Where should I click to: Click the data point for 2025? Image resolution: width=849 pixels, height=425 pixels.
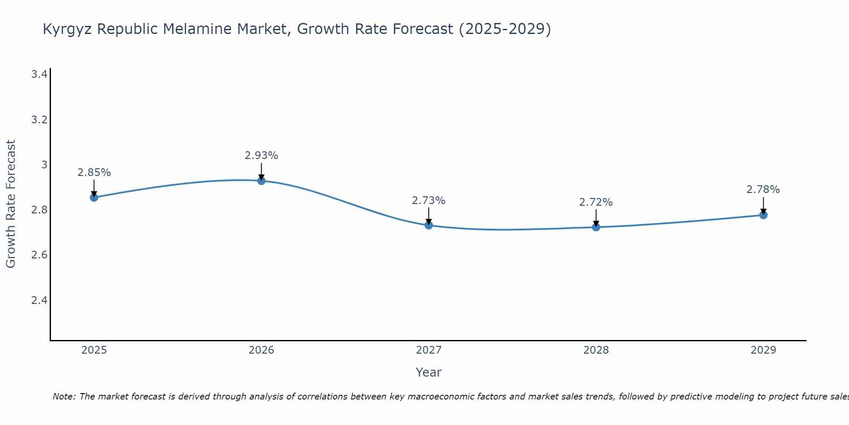coord(94,197)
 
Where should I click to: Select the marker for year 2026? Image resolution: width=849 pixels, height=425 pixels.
coord(261,181)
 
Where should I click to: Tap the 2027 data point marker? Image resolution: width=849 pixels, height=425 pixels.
coord(429,225)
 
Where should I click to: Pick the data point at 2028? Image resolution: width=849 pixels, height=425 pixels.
coord(596,227)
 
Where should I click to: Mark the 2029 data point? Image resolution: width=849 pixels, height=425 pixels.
coord(763,215)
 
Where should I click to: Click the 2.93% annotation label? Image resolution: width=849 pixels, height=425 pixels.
coord(261,156)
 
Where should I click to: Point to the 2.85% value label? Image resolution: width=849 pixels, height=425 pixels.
coord(94,173)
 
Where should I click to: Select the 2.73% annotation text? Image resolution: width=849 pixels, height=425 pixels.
coord(429,201)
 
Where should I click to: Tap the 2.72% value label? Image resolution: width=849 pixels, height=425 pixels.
coord(596,202)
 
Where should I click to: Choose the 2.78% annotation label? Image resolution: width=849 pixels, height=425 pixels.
coord(763,190)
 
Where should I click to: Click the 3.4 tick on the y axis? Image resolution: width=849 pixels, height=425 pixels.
coord(39,74)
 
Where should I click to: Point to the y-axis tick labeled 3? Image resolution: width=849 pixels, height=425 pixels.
coord(44,164)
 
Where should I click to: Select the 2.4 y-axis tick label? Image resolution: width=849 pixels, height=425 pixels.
coord(39,300)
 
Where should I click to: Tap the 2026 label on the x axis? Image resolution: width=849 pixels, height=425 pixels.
coord(261,350)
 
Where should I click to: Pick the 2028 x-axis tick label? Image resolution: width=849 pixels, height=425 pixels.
coord(596,350)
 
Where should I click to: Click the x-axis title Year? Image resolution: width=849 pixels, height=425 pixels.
coord(429,372)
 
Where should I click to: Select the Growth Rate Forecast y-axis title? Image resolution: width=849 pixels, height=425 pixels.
coord(11,204)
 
